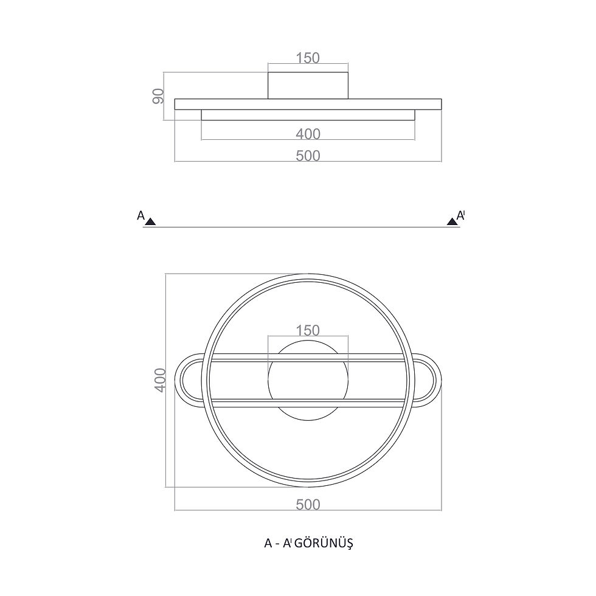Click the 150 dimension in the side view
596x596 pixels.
pyautogui.click(x=308, y=58)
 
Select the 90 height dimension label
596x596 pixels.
pyautogui.click(x=158, y=96)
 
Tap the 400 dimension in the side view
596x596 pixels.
pyautogui.click(x=308, y=134)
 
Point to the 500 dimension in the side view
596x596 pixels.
pyautogui.click(x=308, y=156)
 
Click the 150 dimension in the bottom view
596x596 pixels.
pyautogui.click(x=308, y=331)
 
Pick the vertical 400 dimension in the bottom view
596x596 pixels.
pyautogui.click(x=161, y=380)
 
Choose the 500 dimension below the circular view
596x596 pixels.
pyautogui.click(x=308, y=505)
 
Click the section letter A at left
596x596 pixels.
pyautogui.click(x=140, y=215)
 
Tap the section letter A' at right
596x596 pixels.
pyautogui.click(x=461, y=215)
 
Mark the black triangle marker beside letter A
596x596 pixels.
pyautogui.click(x=151, y=221)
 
